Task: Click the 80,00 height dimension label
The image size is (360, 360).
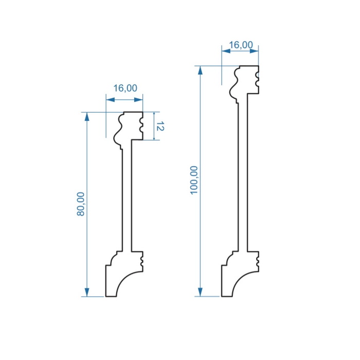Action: [x=81, y=204]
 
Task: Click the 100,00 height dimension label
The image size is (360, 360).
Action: [x=194, y=180]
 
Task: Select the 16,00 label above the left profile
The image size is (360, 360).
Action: [x=125, y=88]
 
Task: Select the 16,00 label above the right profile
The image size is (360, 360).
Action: [x=241, y=45]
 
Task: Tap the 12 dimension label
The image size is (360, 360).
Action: [x=160, y=127]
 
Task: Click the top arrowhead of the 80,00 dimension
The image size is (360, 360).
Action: [x=87, y=117]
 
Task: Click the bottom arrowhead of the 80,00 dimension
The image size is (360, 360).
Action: [x=87, y=292]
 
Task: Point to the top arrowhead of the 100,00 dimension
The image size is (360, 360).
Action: [x=200, y=70]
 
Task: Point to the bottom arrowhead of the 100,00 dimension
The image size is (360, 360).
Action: [x=200, y=292]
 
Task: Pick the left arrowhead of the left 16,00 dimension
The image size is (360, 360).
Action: [x=111, y=100]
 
